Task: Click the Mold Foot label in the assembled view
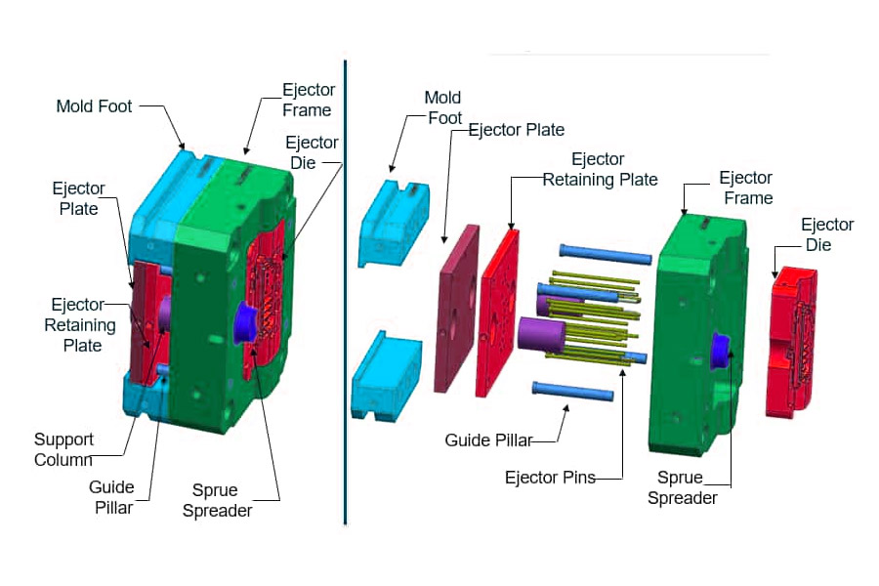[94, 106]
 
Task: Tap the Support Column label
[63, 449]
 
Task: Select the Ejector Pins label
[550, 478]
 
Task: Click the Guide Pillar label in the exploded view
[488, 440]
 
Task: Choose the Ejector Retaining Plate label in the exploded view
[600, 169]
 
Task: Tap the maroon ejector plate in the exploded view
[456, 308]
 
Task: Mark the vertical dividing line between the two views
[346, 293]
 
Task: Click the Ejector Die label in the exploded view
[827, 234]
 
